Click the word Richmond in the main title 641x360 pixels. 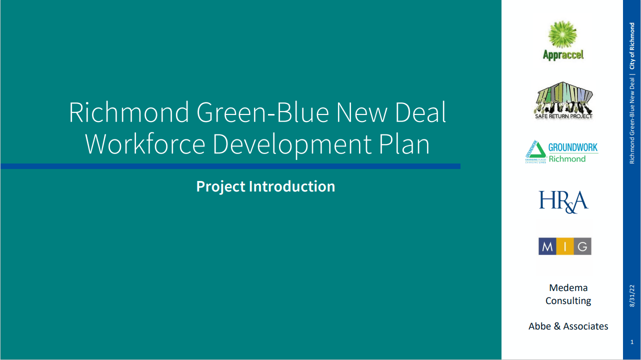click(x=129, y=112)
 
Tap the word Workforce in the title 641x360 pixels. click(x=145, y=144)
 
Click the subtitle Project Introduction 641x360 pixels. click(x=265, y=186)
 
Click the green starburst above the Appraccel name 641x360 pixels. click(x=563, y=34)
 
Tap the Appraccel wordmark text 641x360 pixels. click(x=563, y=55)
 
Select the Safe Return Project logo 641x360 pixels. click(x=563, y=100)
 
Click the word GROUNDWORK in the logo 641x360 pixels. click(x=573, y=147)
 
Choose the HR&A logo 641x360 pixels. click(x=563, y=201)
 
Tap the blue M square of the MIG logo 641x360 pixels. click(x=547, y=246)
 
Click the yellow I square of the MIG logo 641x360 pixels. click(x=564, y=246)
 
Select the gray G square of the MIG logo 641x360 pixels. click(x=582, y=246)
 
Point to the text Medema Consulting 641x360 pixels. click(x=568, y=294)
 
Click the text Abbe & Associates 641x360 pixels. click(x=568, y=326)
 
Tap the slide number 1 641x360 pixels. click(x=632, y=342)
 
